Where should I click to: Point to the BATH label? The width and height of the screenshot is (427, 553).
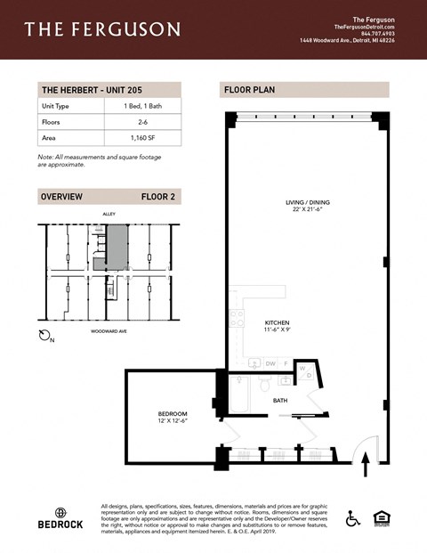pos(280,401)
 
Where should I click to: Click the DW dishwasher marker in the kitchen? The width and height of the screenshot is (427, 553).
pos(270,363)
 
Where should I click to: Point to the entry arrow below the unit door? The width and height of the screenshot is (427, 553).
pos(365,468)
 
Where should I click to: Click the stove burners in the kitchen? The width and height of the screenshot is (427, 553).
pos(237,318)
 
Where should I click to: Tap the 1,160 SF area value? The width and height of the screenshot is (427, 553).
pos(141,138)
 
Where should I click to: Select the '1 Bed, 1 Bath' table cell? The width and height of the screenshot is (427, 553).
pos(141,106)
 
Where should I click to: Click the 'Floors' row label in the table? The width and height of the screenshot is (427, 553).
pos(50,122)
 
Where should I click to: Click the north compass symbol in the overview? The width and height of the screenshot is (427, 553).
pos(45,335)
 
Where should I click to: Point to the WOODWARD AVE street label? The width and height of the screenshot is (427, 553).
pos(112,331)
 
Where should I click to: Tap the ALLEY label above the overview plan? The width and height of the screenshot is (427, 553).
pos(109,214)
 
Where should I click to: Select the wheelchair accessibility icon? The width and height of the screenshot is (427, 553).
pos(352,517)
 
